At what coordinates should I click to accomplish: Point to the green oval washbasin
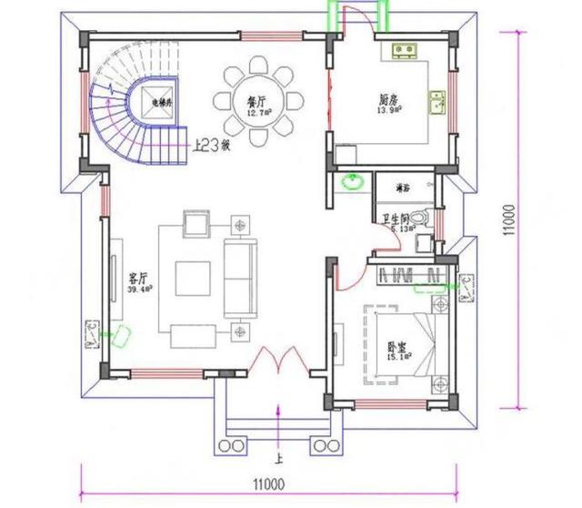tap(350, 182)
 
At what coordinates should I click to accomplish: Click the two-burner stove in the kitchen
tap(405, 49)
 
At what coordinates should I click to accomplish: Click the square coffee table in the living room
tap(191, 277)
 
